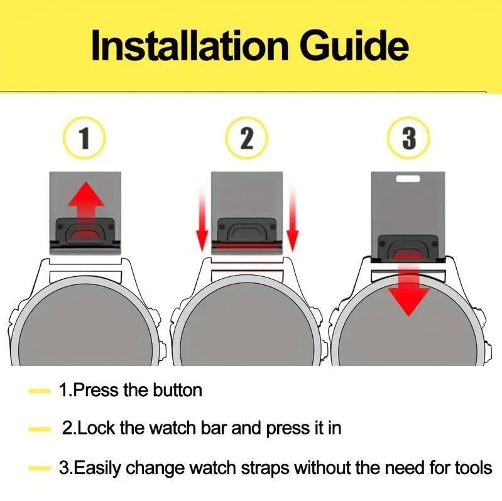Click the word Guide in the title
point(354,45)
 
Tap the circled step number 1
point(84,138)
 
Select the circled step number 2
point(246,138)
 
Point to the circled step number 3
point(409,138)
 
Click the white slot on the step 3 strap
point(408,178)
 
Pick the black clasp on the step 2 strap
point(246,230)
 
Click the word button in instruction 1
point(177,391)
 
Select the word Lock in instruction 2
point(96,428)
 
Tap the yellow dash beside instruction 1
point(40,391)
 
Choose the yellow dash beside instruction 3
point(40,469)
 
